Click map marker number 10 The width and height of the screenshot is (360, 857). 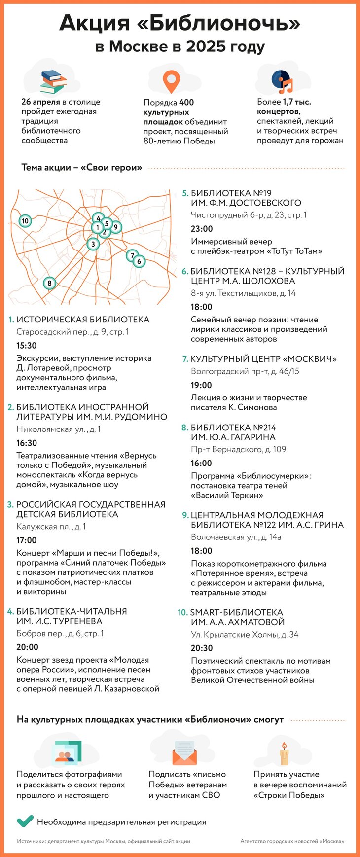tap(25, 221)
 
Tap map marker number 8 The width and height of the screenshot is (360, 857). tap(49, 283)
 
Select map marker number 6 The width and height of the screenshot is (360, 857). tap(139, 261)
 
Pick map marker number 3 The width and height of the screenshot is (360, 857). tap(93, 243)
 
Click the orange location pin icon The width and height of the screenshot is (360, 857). tap(171, 81)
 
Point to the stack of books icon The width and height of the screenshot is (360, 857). tap(53, 81)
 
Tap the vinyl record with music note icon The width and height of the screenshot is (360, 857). tap(282, 82)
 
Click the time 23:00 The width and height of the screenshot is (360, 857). tap(202, 229)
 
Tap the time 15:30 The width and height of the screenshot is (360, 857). tap(27, 346)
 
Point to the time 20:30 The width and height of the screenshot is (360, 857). tap(202, 648)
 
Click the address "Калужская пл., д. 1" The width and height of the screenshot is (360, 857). tap(51, 526)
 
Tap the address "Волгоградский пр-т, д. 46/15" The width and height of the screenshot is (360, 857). tap(245, 371)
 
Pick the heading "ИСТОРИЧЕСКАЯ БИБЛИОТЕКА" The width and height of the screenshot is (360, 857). tap(83, 320)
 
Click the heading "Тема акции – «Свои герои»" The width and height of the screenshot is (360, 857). tap(82, 168)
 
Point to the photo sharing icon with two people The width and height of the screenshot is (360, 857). tap(67, 753)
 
